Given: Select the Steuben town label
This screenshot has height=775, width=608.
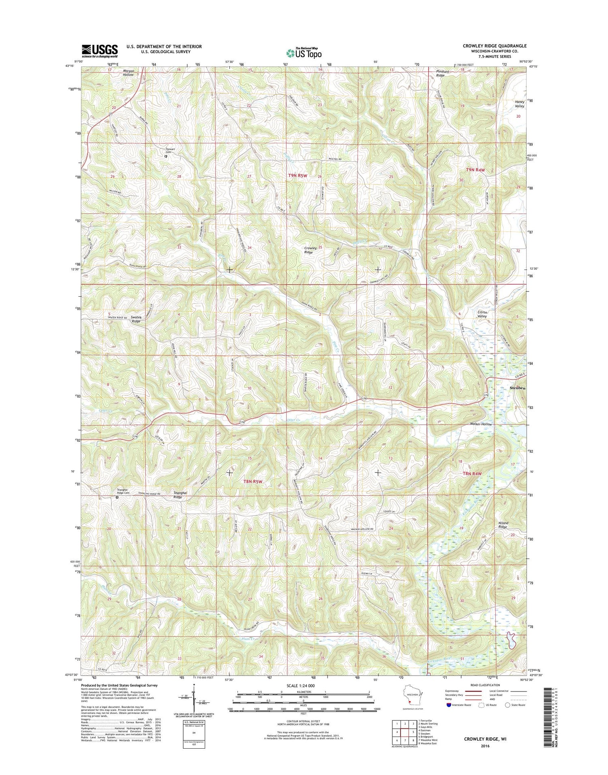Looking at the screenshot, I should tap(517, 388).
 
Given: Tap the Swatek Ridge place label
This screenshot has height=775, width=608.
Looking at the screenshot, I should tap(136, 319).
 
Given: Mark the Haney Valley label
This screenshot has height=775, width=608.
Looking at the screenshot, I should tap(520, 104).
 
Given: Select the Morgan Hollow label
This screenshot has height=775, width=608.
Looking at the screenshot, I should tap(128, 73).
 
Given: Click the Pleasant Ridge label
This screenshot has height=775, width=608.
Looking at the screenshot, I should tap(441, 73).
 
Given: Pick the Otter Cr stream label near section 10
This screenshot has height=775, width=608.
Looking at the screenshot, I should tap(288, 420).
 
